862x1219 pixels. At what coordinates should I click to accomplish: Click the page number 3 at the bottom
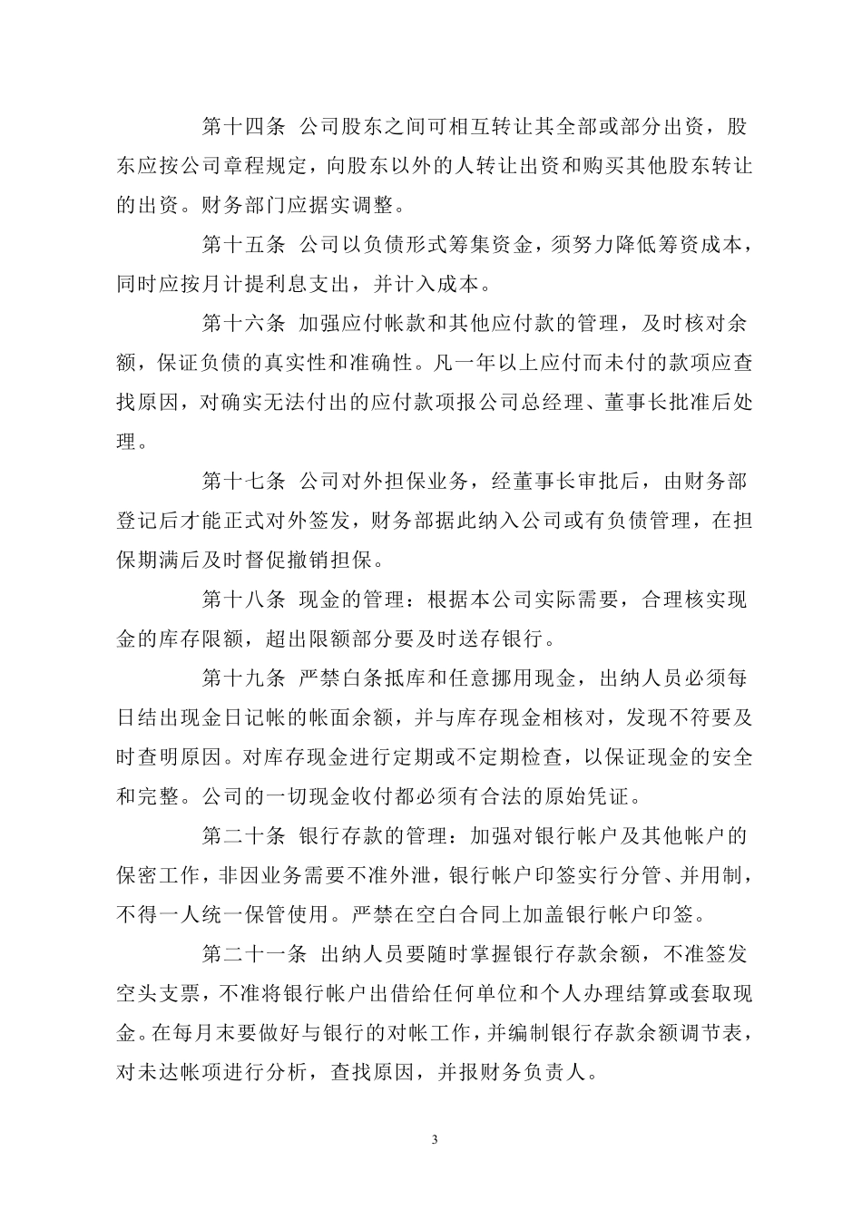click(435, 1139)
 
